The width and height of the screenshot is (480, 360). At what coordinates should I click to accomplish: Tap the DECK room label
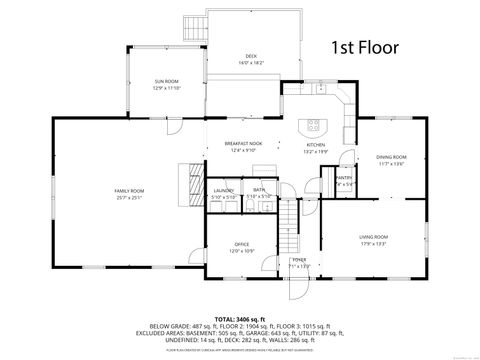pos(251,55)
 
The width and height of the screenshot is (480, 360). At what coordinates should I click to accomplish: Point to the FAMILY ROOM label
pos(129,190)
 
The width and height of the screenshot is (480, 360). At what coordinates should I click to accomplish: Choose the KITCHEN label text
pos(315,144)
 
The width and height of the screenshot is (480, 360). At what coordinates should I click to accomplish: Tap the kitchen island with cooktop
pos(315,126)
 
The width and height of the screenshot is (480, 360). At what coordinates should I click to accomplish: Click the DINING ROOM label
pos(391,157)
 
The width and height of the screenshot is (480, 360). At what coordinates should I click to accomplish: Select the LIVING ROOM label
pos(374,236)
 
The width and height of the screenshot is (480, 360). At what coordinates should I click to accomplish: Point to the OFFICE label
pos(241,244)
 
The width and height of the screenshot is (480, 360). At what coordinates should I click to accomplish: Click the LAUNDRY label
pos(223,190)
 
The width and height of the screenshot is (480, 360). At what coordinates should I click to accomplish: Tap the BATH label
pos(258,190)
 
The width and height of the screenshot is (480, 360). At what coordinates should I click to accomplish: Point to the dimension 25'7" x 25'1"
pos(129,197)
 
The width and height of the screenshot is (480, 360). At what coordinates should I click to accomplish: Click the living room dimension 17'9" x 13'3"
pos(374,243)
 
